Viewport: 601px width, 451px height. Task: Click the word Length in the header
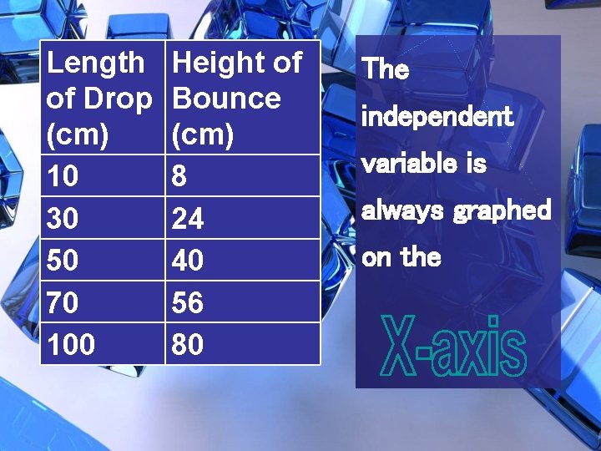[x=95, y=63]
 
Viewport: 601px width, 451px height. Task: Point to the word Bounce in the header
[x=226, y=99]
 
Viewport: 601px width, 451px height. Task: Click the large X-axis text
[x=454, y=347]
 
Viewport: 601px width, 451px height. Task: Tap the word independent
[x=437, y=116]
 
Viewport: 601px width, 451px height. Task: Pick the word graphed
[x=503, y=210]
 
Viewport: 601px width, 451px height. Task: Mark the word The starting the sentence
[x=386, y=69]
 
